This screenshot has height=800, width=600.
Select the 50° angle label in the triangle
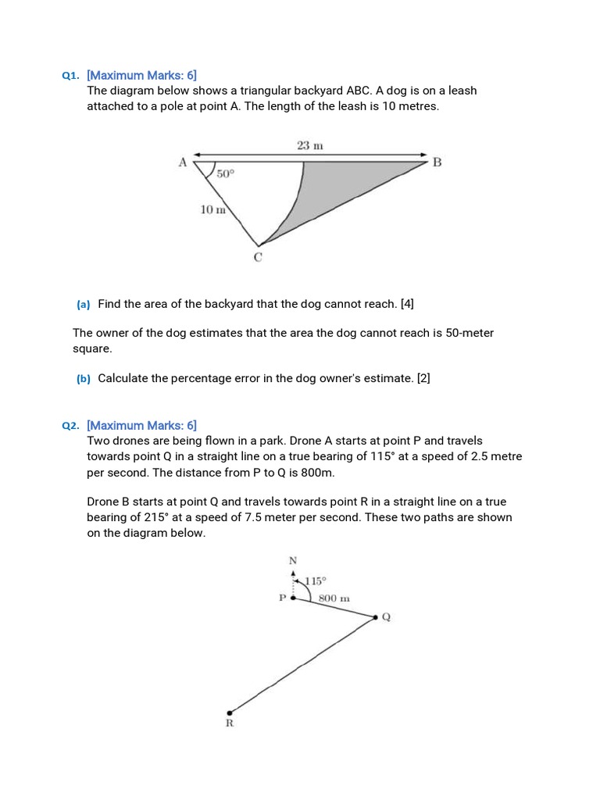pos(225,174)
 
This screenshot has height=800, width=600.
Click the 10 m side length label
pos(212,209)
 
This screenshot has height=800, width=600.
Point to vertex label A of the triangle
pos(183,162)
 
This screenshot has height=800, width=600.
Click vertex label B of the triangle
pos(437,162)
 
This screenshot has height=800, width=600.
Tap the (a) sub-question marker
pos(84,303)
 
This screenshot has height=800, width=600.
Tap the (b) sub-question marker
pos(84,379)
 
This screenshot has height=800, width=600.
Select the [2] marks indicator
pos(423,378)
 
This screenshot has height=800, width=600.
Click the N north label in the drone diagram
pos(293,560)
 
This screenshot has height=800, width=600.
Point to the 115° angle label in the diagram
pos(316,580)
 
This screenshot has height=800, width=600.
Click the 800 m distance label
pos(334,598)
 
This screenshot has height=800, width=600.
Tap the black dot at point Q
pos(375,617)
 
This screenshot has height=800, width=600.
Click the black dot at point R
pos(229,712)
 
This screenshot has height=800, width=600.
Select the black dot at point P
pos(293,598)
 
